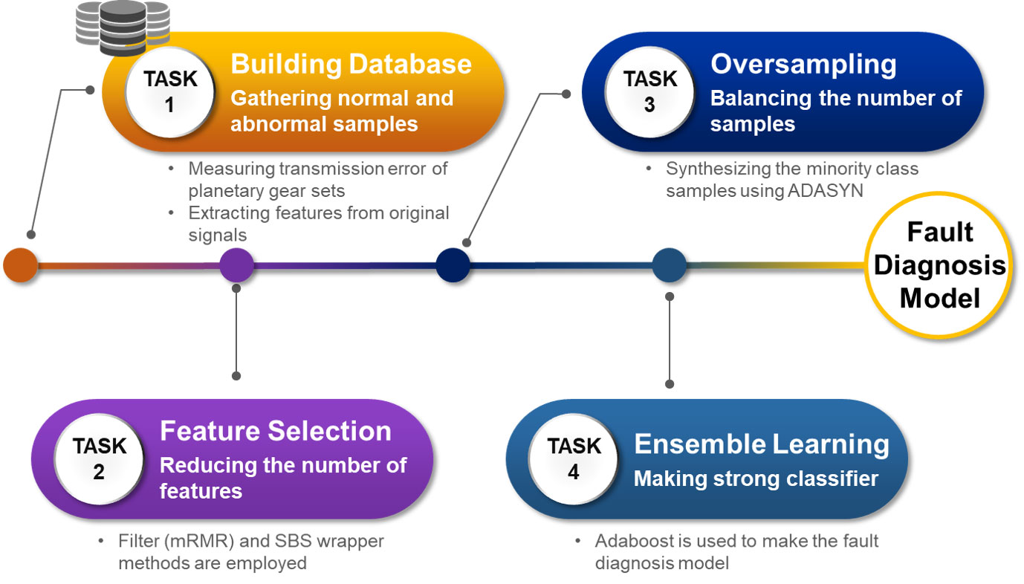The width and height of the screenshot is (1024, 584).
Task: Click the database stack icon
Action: (x=123, y=28)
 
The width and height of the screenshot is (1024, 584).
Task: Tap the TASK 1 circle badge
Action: (x=170, y=92)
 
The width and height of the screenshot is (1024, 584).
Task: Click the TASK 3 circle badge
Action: (x=650, y=92)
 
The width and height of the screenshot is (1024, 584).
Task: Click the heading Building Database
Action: (x=351, y=63)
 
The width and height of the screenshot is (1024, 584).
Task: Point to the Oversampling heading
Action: (x=803, y=65)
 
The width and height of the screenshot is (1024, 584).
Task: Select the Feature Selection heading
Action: (x=276, y=430)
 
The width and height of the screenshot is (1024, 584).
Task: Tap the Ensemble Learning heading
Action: (x=762, y=445)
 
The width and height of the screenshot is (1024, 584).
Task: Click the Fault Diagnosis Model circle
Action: (x=939, y=265)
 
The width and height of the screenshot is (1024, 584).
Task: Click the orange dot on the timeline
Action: (x=21, y=265)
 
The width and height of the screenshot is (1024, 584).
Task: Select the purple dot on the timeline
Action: (x=236, y=265)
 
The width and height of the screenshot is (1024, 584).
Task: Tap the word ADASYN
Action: (x=825, y=190)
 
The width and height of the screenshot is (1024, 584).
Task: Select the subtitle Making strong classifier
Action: (x=756, y=479)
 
